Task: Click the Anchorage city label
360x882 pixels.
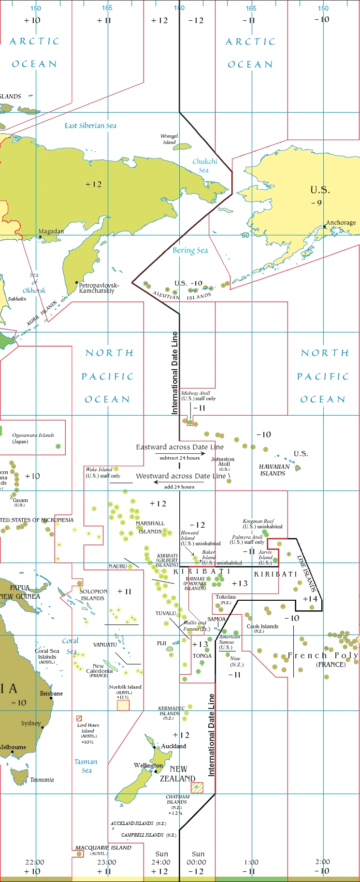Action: point(341,223)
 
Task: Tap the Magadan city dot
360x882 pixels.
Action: point(40,237)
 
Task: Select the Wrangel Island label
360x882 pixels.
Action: point(169,139)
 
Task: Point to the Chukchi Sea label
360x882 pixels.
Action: point(205,165)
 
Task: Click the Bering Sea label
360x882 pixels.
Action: point(190,250)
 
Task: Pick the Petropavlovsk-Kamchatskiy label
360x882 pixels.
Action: point(99,288)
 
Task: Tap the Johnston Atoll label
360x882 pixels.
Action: point(223,462)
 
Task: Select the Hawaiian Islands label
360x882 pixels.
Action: point(274,470)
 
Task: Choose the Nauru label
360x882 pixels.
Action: point(117,566)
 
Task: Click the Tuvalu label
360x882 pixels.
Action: point(165,613)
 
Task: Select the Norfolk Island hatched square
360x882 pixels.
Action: point(123,705)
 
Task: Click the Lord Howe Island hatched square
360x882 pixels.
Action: point(79,719)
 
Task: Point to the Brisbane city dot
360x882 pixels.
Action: point(51,698)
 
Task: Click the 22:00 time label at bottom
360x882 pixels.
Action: point(35,862)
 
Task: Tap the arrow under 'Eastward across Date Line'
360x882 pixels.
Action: point(180,453)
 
